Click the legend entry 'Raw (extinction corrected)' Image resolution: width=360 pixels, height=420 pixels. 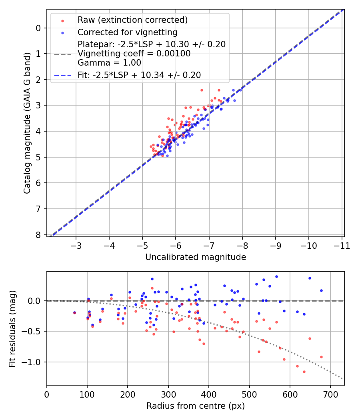(132, 20)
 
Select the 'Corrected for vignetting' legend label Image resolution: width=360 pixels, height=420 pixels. (127, 32)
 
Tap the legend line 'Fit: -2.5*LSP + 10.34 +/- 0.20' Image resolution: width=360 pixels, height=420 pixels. (139, 75)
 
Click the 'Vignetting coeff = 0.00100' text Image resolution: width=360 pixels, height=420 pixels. (134, 54)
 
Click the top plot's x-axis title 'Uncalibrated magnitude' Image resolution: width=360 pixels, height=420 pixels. (195, 257)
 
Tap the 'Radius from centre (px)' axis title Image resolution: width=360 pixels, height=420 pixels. (195, 406)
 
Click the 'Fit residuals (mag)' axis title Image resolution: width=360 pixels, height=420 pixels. (13, 328)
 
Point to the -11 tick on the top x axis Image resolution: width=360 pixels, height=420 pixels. (341, 245)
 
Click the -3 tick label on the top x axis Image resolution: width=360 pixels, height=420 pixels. (76, 245)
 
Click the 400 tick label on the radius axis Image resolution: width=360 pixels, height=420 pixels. (209, 394)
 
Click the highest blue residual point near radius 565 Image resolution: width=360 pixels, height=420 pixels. (276, 276)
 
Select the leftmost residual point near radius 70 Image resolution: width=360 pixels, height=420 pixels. (74, 313)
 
